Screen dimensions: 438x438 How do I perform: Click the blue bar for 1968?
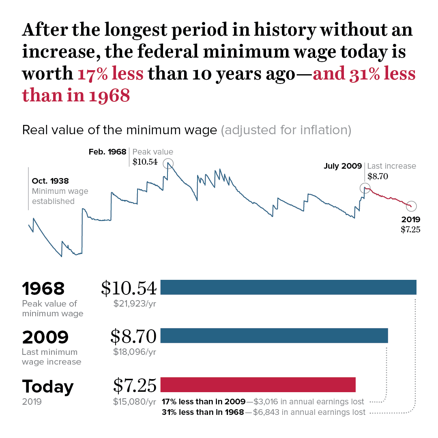coord(288,287)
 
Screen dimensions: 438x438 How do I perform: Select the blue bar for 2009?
coord(274,335)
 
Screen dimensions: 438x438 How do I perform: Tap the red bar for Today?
coord(258,384)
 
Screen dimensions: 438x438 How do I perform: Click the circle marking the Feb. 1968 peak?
coord(168,163)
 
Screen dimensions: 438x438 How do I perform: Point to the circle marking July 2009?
coord(365,188)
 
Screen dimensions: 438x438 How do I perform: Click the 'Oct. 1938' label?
coord(50,181)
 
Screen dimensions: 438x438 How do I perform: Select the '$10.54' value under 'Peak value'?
coord(145,162)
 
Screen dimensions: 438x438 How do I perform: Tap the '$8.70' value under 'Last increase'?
coord(378,176)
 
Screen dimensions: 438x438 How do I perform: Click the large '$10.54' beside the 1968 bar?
coord(129,288)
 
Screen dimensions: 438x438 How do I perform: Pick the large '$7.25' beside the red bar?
coord(135,385)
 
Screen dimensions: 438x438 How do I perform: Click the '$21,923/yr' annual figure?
coord(135,303)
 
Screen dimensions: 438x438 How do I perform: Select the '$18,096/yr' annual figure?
coord(135,352)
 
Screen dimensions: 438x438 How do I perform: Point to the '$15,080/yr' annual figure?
coord(135,402)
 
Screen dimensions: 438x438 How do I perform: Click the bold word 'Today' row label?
coord(48,386)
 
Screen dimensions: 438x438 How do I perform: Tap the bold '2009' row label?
coord(45,337)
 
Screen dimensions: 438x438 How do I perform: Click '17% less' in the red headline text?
coord(110,74)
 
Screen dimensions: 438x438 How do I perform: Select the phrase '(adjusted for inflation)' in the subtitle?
coord(286,130)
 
